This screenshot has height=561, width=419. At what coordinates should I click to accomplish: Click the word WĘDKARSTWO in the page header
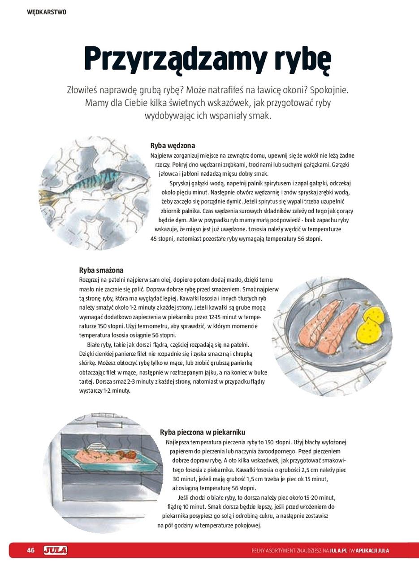pos(47,12)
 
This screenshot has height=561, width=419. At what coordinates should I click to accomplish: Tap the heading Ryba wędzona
pos(173,145)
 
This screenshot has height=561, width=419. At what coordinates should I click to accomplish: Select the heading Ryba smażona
pos(101,270)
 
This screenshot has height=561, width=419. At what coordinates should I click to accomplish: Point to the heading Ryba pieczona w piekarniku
pos(203,432)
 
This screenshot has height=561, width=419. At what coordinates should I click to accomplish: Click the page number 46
pos(30,550)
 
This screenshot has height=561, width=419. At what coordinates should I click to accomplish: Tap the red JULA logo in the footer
pos(55,550)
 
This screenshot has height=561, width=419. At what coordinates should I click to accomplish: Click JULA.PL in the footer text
pos(338,551)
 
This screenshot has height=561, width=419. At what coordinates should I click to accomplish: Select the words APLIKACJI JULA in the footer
pos(372,551)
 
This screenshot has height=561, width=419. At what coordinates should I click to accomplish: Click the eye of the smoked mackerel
pos(133,178)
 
